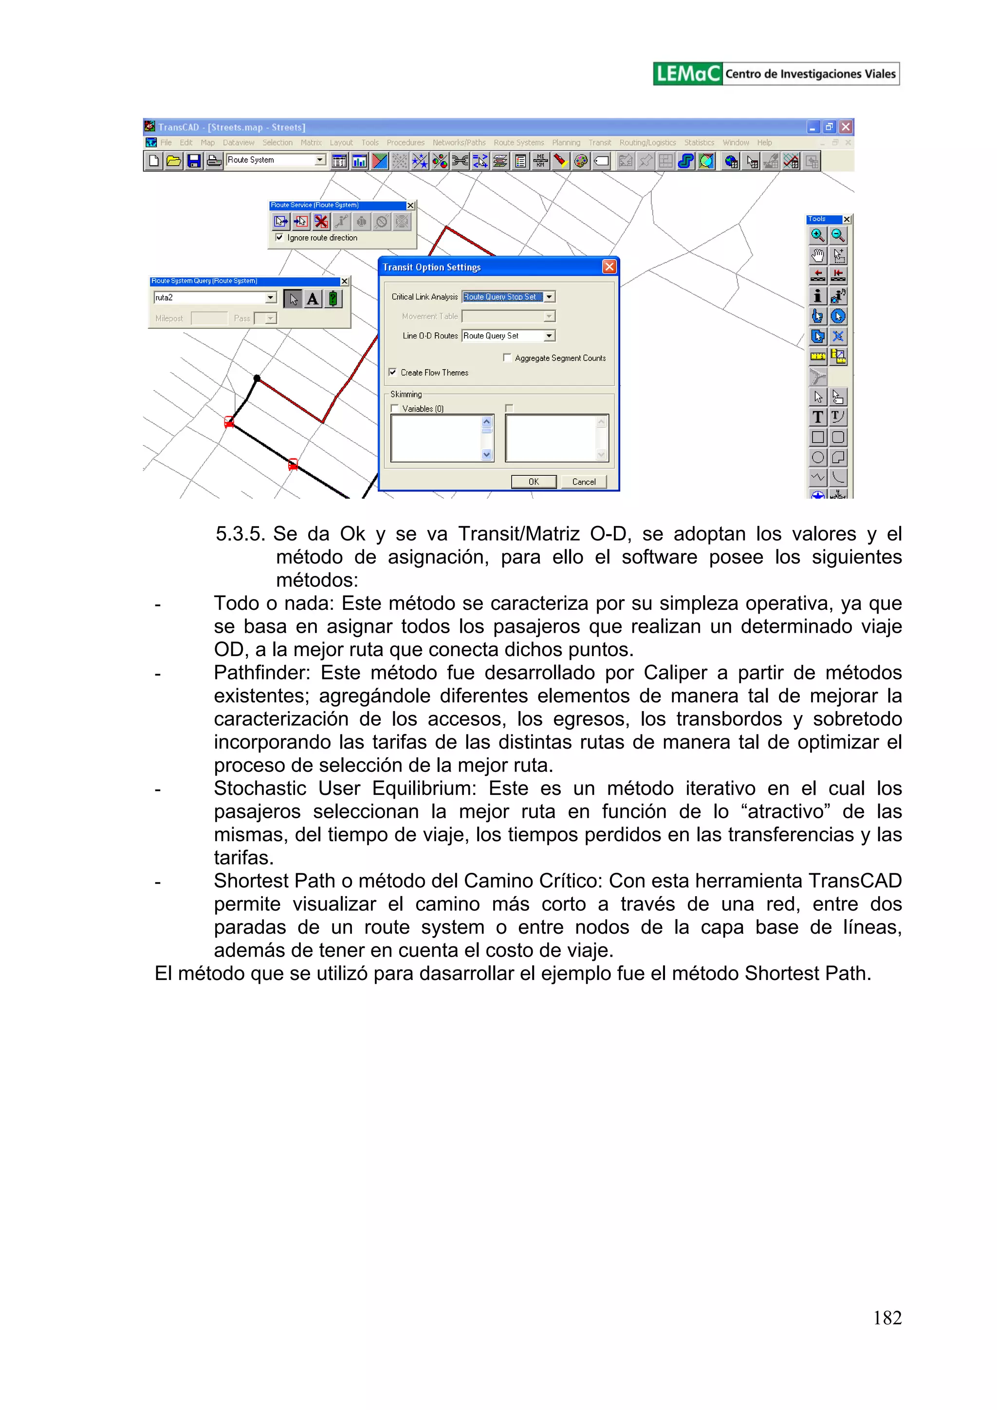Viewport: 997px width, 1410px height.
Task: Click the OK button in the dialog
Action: pos(534,482)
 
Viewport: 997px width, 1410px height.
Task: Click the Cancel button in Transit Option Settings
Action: pos(583,482)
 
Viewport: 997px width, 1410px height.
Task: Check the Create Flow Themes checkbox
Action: pos(393,372)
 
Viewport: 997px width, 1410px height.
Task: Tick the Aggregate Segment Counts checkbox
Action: pos(507,357)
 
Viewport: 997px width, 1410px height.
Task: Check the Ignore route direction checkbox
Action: pos(279,238)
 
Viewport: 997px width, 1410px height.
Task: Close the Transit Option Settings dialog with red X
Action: pos(609,266)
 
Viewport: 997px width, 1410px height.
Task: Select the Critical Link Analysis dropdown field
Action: pos(503,297)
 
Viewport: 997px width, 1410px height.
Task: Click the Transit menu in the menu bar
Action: pos(599,143)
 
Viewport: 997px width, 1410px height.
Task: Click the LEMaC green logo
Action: pos(687,74)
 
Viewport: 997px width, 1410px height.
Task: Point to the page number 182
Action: pos(886,1317)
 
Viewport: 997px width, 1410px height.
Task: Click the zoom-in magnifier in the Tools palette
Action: pos(817,235)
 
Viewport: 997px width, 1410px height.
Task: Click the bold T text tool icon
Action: pos(817,417)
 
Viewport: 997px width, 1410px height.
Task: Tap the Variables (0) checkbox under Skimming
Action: pos(395,408)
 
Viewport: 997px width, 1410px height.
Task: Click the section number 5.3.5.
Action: pos(240,534)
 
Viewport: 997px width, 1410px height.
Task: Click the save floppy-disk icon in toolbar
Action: pos(194,161)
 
